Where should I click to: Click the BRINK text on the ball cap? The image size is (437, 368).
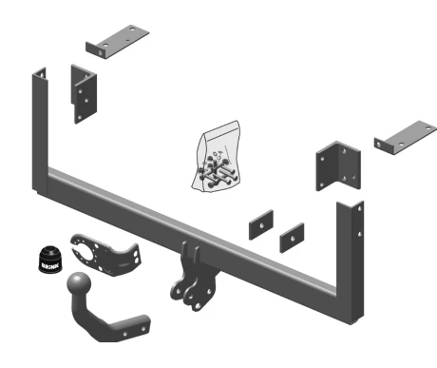coord(50,265)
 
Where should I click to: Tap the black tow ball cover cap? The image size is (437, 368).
coord(50,259)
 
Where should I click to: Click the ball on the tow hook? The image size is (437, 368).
coord(79,283)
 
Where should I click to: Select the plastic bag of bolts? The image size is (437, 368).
coord(216,157)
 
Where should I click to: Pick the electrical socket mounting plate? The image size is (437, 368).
coord(105,255)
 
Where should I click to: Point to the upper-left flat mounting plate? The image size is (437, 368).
coord(117,42)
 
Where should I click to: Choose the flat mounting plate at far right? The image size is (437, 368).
coord(406,137)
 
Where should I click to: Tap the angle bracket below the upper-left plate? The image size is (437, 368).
coord(84,94)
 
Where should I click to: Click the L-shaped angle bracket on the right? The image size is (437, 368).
coord(338,165)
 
